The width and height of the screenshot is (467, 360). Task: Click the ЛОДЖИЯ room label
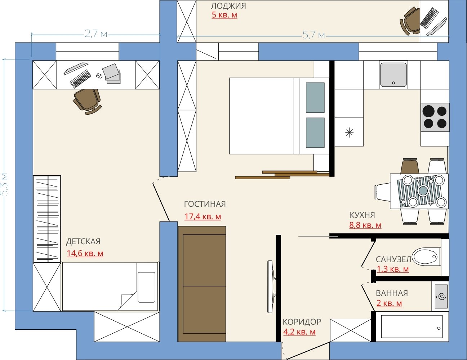pyautogui.click(x=228, y=6)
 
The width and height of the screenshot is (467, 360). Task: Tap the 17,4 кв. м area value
pyautogui.click(x=203, y=216)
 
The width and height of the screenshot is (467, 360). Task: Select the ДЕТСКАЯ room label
pyautogui.click(x=83, y=242)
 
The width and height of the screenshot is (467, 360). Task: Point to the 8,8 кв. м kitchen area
pyautogui.click(x=365, y=225)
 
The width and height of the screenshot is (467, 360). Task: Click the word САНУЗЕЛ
pyautogui.click(x=393, y=259)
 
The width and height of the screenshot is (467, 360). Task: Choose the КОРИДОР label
pyautogui.click(x=302, y=322)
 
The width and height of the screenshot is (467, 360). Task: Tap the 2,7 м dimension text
pyautogui.click(x=96, y=34)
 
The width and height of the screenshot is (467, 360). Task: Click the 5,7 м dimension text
pyautogui.click(x=313, y=35)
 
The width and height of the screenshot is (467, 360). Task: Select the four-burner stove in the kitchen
pyautogui.click(x=435, y=117)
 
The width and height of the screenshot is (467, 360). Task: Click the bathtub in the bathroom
pyautogui.click(x=412, y=326)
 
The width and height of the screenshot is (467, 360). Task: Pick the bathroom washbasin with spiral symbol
pyautogui.click(x=441, y=296)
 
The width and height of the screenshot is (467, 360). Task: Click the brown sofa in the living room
pyautogui.click(x=202, y=284)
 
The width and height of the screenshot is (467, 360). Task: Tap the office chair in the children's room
pyautogui.click(x=88, y=101)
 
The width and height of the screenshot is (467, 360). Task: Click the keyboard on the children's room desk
pyautogui.click(x=80, y=79)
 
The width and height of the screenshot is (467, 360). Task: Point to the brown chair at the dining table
pyautogui.click(x=410, y=166)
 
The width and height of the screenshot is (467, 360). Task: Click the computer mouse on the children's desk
pyautogui.click(x=99, y=76)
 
